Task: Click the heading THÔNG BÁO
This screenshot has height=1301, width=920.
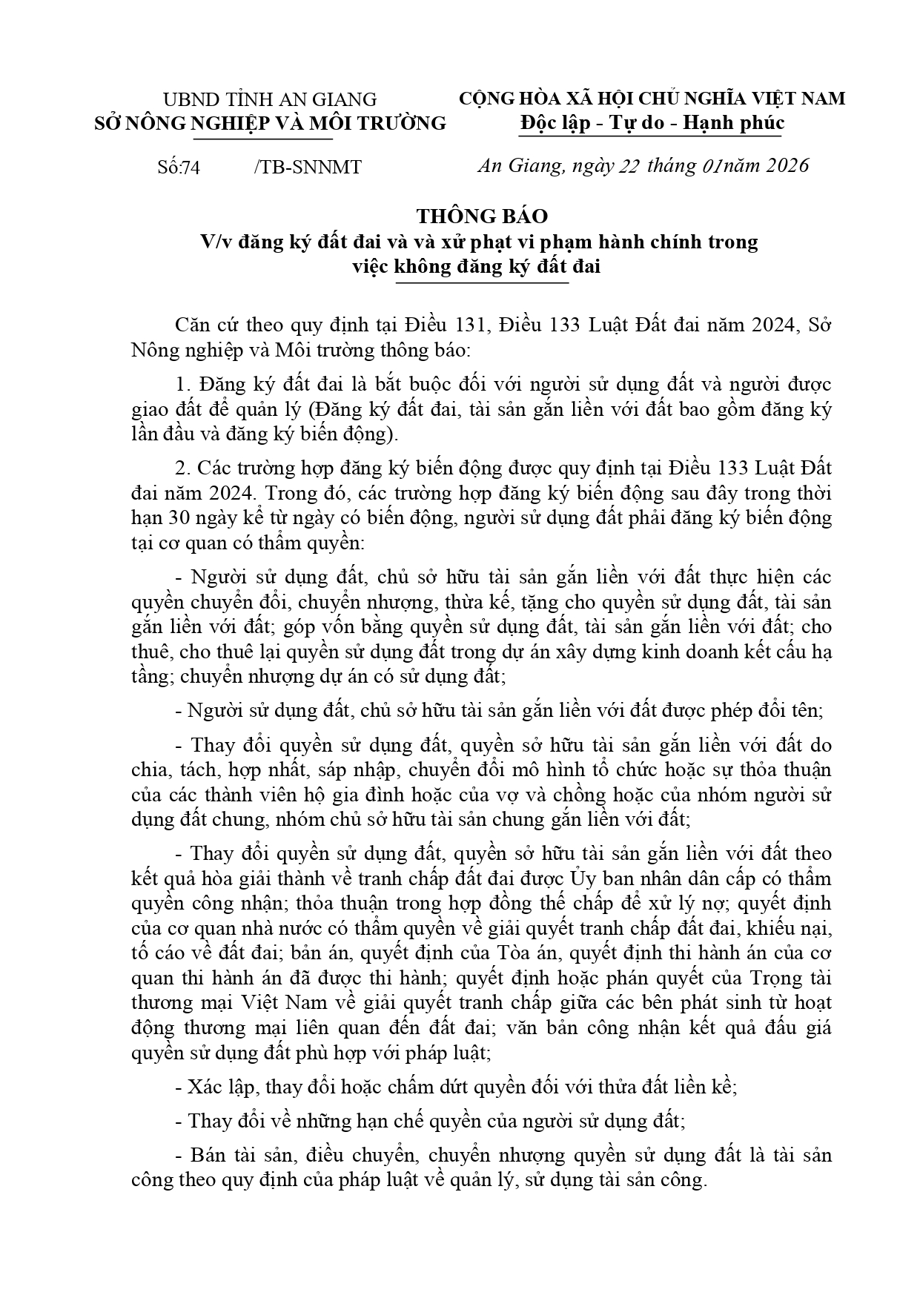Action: point(482,216)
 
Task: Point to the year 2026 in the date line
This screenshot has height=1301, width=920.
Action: point(784,165)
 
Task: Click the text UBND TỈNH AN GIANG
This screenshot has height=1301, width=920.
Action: point(270,99)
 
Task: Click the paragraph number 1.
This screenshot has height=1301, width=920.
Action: point(182,384)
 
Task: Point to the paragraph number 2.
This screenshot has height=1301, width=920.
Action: point(182,469)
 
